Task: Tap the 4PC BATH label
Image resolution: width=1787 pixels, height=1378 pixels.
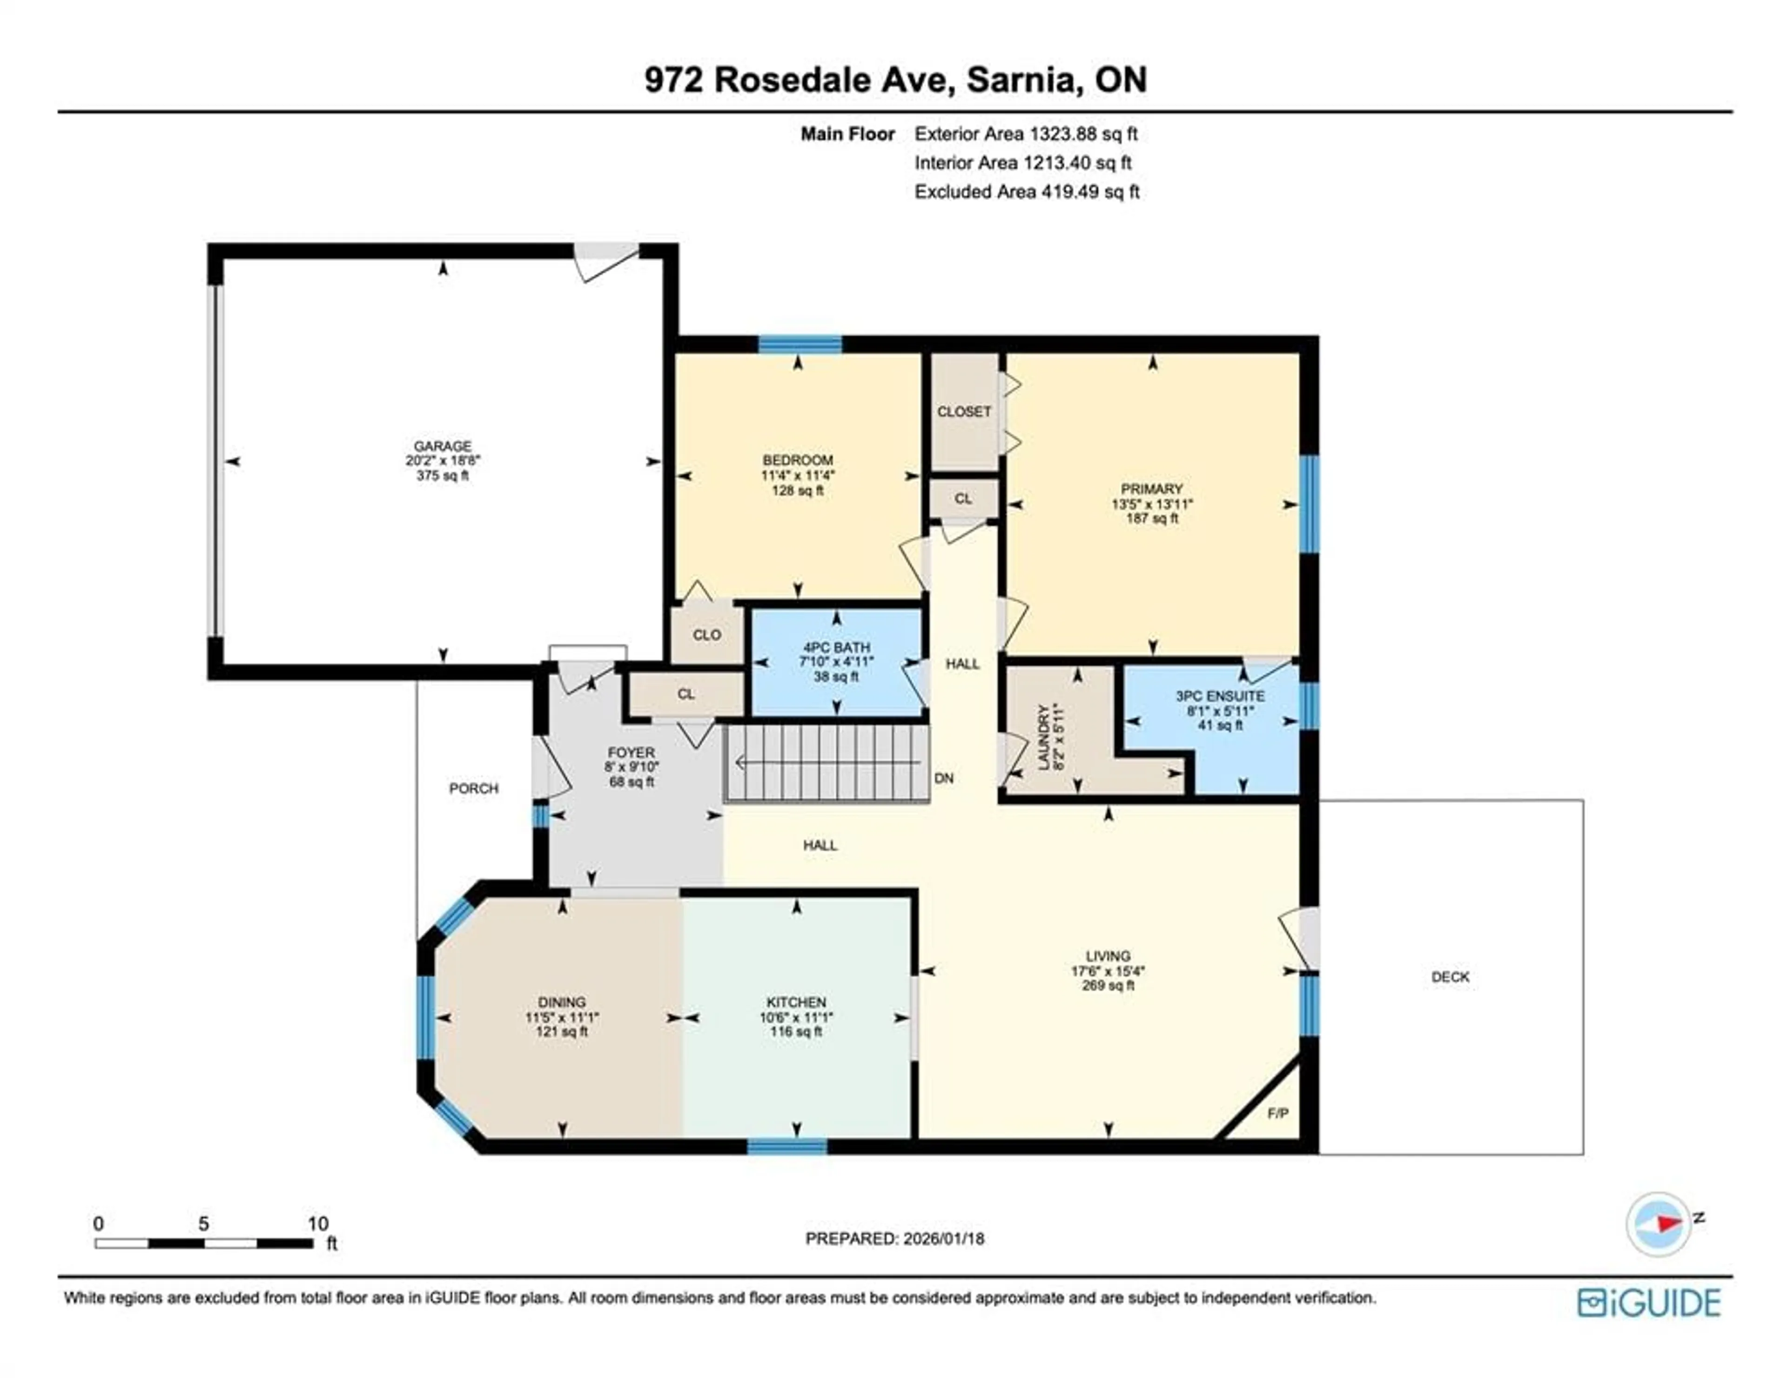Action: pos(835,647)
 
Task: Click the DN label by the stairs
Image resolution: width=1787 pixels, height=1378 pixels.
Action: pos(943,778)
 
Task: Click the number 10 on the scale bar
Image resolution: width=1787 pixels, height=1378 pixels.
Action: pos(317,1224)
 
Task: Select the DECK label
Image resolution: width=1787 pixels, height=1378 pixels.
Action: pos(1450,976)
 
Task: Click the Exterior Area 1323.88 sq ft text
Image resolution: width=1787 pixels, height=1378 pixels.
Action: pos(1025,134)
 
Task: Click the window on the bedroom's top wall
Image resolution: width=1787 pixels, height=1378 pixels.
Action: pos(799,344)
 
